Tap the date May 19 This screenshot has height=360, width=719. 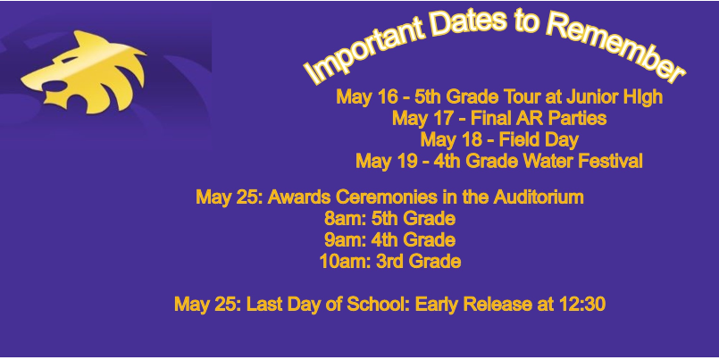[x=385, y=162]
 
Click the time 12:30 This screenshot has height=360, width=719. [x=581, y=305]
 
